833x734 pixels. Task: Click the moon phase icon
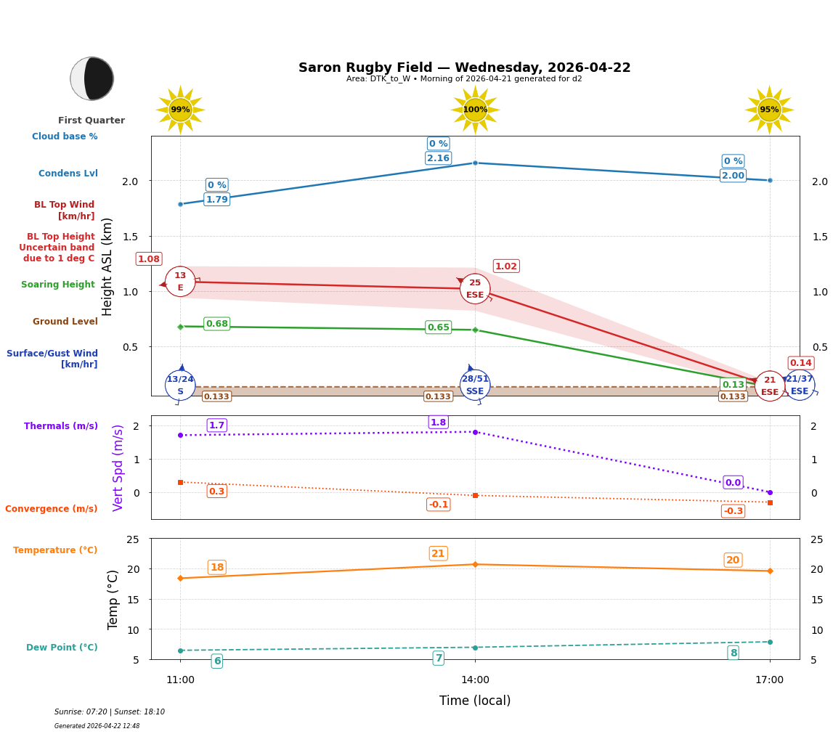[x=92, y=78]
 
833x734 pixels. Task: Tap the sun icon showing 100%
[x=475, y=110]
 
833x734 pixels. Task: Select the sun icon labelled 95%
[x=769, y=110]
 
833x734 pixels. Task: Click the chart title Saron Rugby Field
[x=464, y=68]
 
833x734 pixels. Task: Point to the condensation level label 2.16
[x=438, y=158]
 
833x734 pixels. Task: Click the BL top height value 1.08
[x=149, y=259]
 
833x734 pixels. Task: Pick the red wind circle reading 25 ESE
[x=475, y=289]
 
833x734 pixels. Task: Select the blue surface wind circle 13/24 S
[x=180, y=385]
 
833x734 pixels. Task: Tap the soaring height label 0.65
[x=438, y=327]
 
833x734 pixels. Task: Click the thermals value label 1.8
[x=438, y=423]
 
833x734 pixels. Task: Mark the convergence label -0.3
[x=733, y=511]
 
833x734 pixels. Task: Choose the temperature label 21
[x=438, y=553]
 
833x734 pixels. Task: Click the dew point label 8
[x=734, y=653]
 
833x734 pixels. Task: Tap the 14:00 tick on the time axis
[x=475, y=680]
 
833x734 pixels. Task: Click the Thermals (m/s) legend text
[x=61, y=426]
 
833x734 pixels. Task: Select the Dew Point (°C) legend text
[x=62, y=648]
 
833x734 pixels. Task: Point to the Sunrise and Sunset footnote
[x=110, y=712]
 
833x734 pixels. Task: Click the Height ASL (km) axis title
[x=107, y=266]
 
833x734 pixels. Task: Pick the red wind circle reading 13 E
[x=180, y=282]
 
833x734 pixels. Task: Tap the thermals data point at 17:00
[x=770, y=492]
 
